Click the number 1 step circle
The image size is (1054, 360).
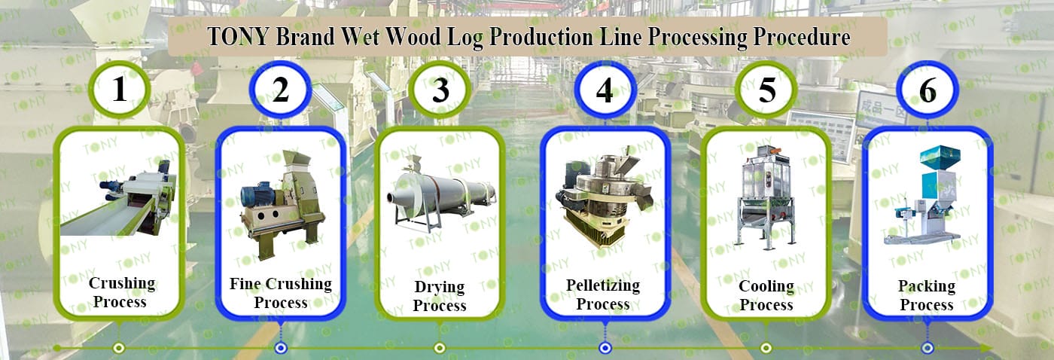tap(120, 90)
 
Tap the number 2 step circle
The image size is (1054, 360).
tap(280, 90)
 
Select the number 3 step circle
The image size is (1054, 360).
tap(440, 90)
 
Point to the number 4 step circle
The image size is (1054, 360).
tap(605, 90)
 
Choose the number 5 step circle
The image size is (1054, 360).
tap(766, 90)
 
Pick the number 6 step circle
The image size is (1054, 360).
tap(928, 90)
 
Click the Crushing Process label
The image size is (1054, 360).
tap(121, 292)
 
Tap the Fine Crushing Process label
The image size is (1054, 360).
tap(281, 293)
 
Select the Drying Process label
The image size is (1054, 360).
tap(440, 295)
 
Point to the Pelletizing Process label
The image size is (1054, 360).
tap(603, 294)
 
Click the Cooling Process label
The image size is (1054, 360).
tap(766, 295)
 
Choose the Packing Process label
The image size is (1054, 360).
tap(927, 295)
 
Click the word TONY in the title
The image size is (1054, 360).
tap(238, 37)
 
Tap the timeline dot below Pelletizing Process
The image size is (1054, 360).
tap(605, 348)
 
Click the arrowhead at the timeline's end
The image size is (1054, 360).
tap(986, 348)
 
